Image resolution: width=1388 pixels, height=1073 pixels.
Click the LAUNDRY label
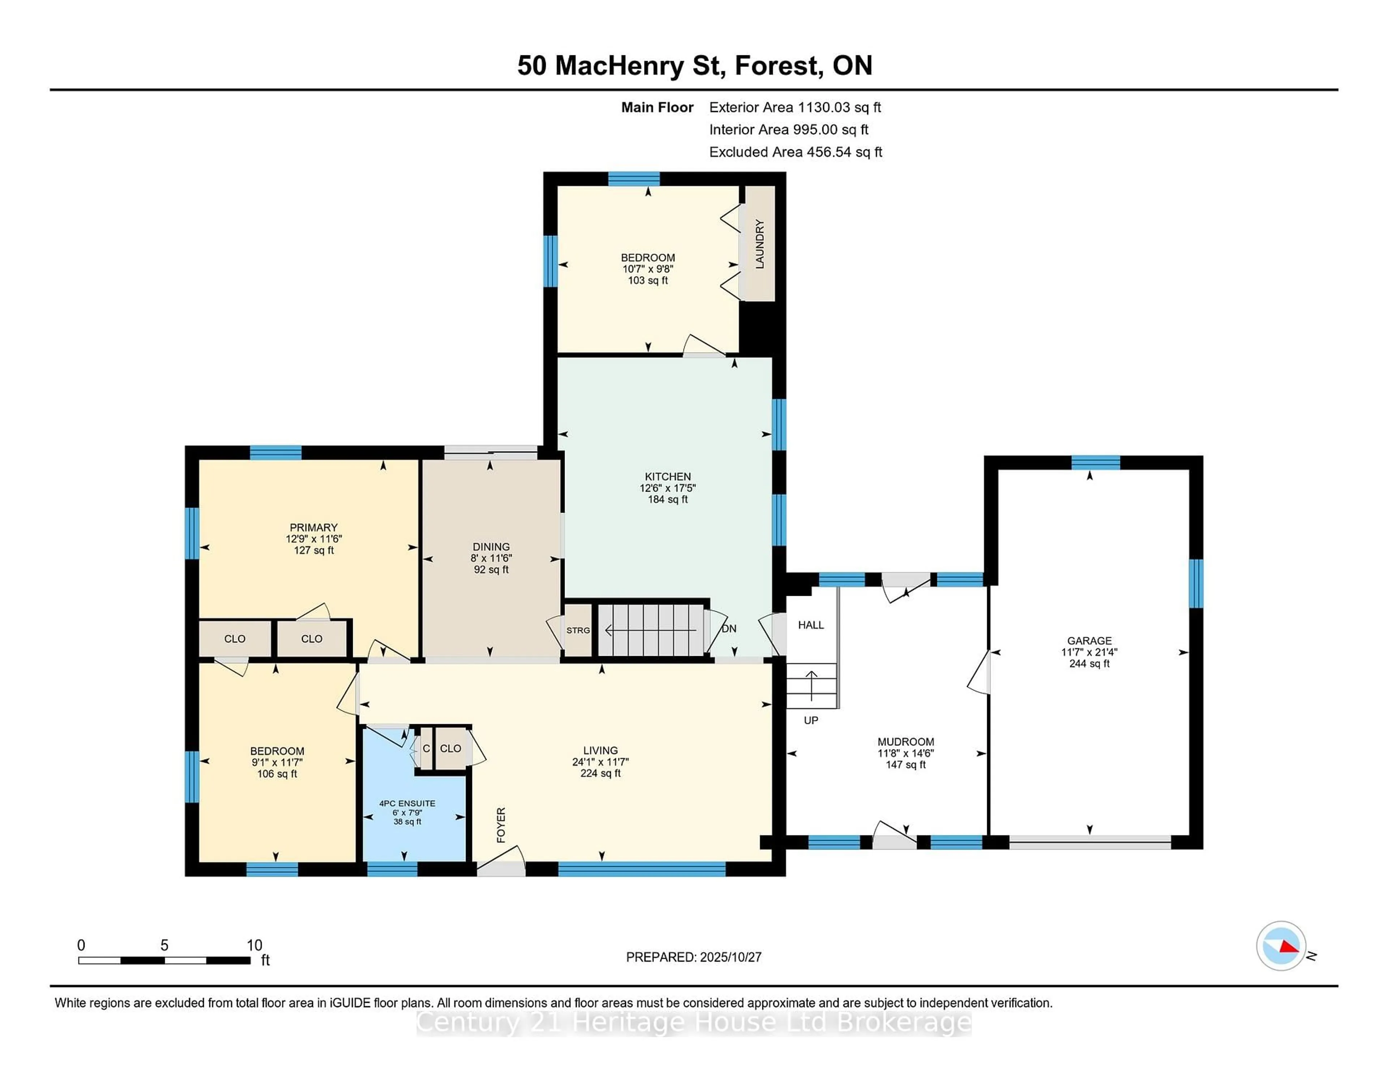click(759, 244)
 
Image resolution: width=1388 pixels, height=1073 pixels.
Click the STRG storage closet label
click(578, 630)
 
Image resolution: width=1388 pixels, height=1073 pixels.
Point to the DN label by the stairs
click(729, 629)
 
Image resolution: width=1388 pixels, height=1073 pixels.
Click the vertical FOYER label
click(501, 825)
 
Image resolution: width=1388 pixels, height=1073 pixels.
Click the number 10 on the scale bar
click(254, 945)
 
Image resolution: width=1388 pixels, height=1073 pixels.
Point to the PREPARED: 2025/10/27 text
click(693, 957)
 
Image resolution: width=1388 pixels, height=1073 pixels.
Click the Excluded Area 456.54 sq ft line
click(795, 152)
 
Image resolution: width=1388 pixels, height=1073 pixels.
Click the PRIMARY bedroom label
click(313, 527)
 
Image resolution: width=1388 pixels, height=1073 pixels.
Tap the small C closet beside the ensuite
click(426, 749)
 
